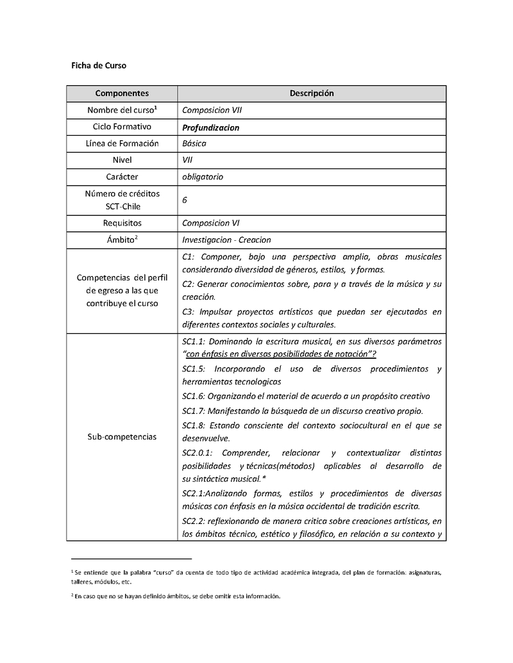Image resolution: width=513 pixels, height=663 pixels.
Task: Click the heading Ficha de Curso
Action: pos(98,65)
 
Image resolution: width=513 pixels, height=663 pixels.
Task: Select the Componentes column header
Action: pos(122,94)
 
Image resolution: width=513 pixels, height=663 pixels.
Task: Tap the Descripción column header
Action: pos(312,94)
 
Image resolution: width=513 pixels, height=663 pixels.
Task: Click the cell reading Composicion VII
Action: pos(212,110)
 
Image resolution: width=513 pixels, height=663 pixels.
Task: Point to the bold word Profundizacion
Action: pos(210,127)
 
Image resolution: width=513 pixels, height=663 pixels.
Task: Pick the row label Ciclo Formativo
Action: pos(122,127)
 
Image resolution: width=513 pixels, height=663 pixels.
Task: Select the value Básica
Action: pos(194,143)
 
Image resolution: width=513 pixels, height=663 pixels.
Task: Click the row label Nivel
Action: pos(122,160)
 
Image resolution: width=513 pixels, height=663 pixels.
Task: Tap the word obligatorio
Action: pos(203,177)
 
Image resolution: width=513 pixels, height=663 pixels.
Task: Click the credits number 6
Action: pos(185,200)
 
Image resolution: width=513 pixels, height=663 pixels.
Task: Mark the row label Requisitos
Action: pos(122,223)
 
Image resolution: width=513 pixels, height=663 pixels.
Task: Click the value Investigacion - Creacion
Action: pos(226,240)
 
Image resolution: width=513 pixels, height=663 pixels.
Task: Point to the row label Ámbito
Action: pos(121,240)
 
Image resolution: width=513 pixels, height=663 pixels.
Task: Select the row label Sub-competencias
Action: pos(122,436)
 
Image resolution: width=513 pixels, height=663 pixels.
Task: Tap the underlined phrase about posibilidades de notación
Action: pos(280,354)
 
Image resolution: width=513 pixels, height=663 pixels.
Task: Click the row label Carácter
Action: pos(122,177)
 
